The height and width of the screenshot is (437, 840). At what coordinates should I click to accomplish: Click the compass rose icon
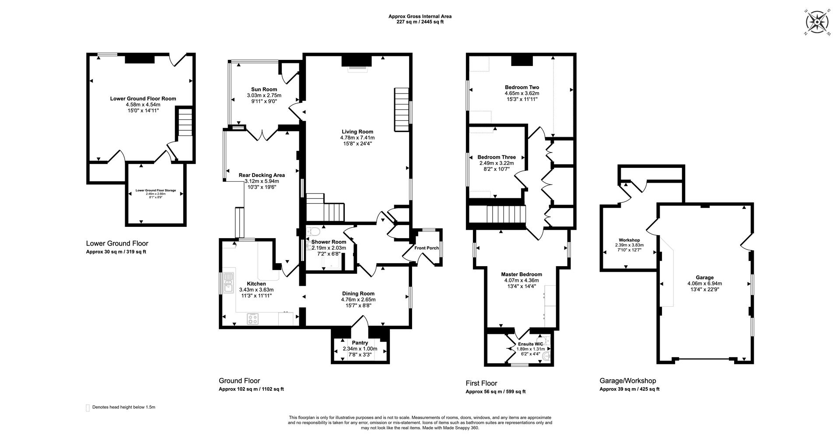click(x=816, y=22)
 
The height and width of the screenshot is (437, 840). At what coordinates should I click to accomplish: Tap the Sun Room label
click(x=264, y=89)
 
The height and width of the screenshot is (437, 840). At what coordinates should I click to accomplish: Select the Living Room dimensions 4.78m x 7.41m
click(x=357, y=138)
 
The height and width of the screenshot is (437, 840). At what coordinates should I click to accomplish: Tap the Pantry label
click(x=360, y=343)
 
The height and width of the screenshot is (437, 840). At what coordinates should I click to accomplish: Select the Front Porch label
click(x=426, y=248)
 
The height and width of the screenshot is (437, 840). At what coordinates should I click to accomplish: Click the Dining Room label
click(x=358, y=294)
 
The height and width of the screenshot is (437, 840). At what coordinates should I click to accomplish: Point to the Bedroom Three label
click(x=496, y=157)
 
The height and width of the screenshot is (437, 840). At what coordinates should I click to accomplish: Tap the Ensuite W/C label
click(x=530, y=344)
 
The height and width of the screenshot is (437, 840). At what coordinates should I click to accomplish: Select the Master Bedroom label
click(x=521, y=274)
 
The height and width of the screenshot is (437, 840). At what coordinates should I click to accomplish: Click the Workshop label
click(x=629, y=240)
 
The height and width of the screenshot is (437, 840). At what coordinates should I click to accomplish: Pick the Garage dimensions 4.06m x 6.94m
click(x=704, y=283)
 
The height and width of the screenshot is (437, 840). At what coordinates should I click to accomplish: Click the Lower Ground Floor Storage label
click(x=155, y=191)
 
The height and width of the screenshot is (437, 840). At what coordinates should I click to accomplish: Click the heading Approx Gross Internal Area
click(x=420, y=17)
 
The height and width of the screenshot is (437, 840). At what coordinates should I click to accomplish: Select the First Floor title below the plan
click(x=481, y=383)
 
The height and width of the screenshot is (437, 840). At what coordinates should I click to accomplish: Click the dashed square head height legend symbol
click(x=87, y=408)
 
